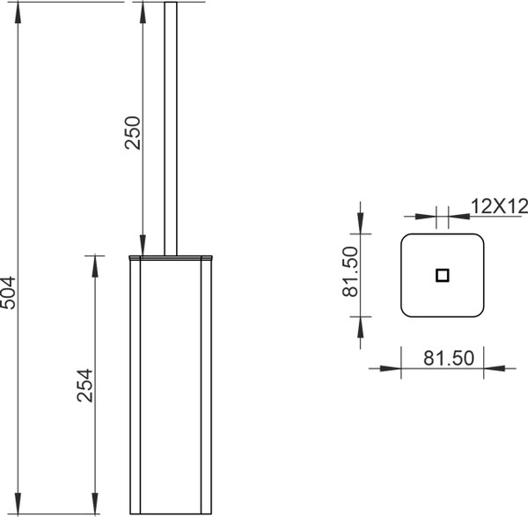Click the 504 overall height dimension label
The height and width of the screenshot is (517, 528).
click(x=8, y=292)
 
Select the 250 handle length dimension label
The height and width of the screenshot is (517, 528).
click(x=132, y=132)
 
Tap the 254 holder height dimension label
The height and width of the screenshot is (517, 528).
click(x=84, y=386)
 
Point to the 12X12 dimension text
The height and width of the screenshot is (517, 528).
click(x=499, y=206)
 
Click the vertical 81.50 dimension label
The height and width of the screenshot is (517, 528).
click(x=349, y=271)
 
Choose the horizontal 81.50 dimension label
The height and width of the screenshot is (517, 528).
click(x=449, y=358)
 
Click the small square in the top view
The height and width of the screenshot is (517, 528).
click(x=442, y=276)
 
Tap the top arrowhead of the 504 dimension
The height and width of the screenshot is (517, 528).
click(x=18, y=13)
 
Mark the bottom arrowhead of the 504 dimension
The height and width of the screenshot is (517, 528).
click(x=18, y=504)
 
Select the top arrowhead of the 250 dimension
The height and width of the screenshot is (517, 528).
click(x=143, y=13)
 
